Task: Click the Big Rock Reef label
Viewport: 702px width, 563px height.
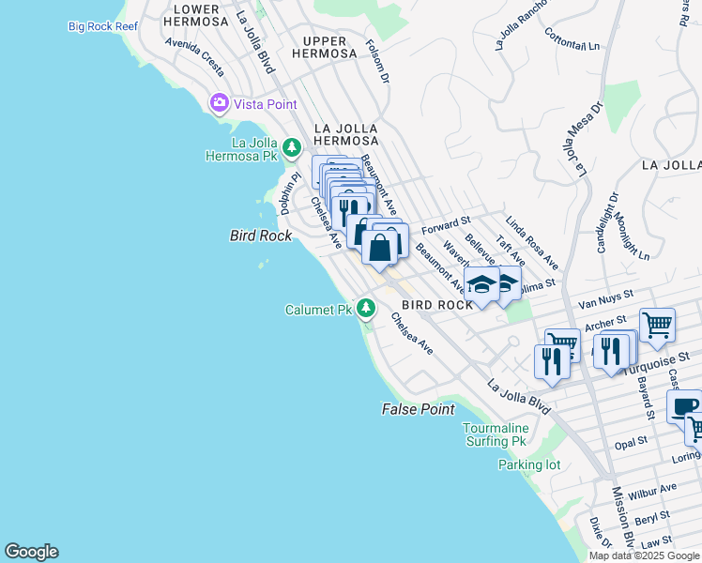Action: tap(103, 26)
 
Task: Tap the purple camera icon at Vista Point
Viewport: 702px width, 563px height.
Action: tap(221, 103)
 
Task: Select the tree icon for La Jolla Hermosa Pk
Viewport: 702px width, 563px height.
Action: tap(292, 147)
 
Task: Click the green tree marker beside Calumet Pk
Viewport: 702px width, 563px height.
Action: tap(366, 308)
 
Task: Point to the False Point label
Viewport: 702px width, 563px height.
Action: tap(419, 409)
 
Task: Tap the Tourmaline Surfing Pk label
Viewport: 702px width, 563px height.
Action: tap(495, 434)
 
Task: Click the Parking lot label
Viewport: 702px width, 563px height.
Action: tap(528, 464)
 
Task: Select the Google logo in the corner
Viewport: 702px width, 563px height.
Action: tap(31, 552)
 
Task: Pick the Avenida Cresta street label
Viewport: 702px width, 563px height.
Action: tap(194, 56)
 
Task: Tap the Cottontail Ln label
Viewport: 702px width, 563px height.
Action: tap(572, 38)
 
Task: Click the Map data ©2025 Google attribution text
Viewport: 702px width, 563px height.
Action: tap(645, 555)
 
